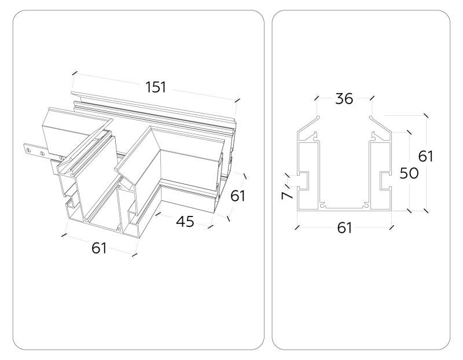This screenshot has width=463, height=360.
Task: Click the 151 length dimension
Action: pyautogui.click(x=156, y=87)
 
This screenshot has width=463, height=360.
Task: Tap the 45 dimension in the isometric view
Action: pyautogui.click(x=185, y=222)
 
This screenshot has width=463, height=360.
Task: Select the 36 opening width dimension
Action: pyautogui.click(x=344, y=99)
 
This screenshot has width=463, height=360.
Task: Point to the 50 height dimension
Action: pyautogui.click(x=409, y=173)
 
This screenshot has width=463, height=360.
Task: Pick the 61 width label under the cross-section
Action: pyautogui.click(x=344, y=227)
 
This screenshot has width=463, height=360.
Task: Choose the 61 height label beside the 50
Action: pyautogui.click(x=425, y=156)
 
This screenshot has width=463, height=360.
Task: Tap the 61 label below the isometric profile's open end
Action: pyautogui.click(x=99, y=248)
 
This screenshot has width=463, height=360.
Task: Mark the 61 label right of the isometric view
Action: pyautogui.click(x=238, y=196)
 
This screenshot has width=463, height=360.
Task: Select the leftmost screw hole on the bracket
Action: pyautogui.click(x=27, y=149)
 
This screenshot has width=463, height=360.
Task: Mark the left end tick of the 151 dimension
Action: pyautogui.click(x=74, y=73)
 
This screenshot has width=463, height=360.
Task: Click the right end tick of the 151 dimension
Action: pyautogui.click(x=237, y=100)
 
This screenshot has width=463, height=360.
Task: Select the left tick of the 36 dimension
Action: pyautogui.click(x=316, y=99)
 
